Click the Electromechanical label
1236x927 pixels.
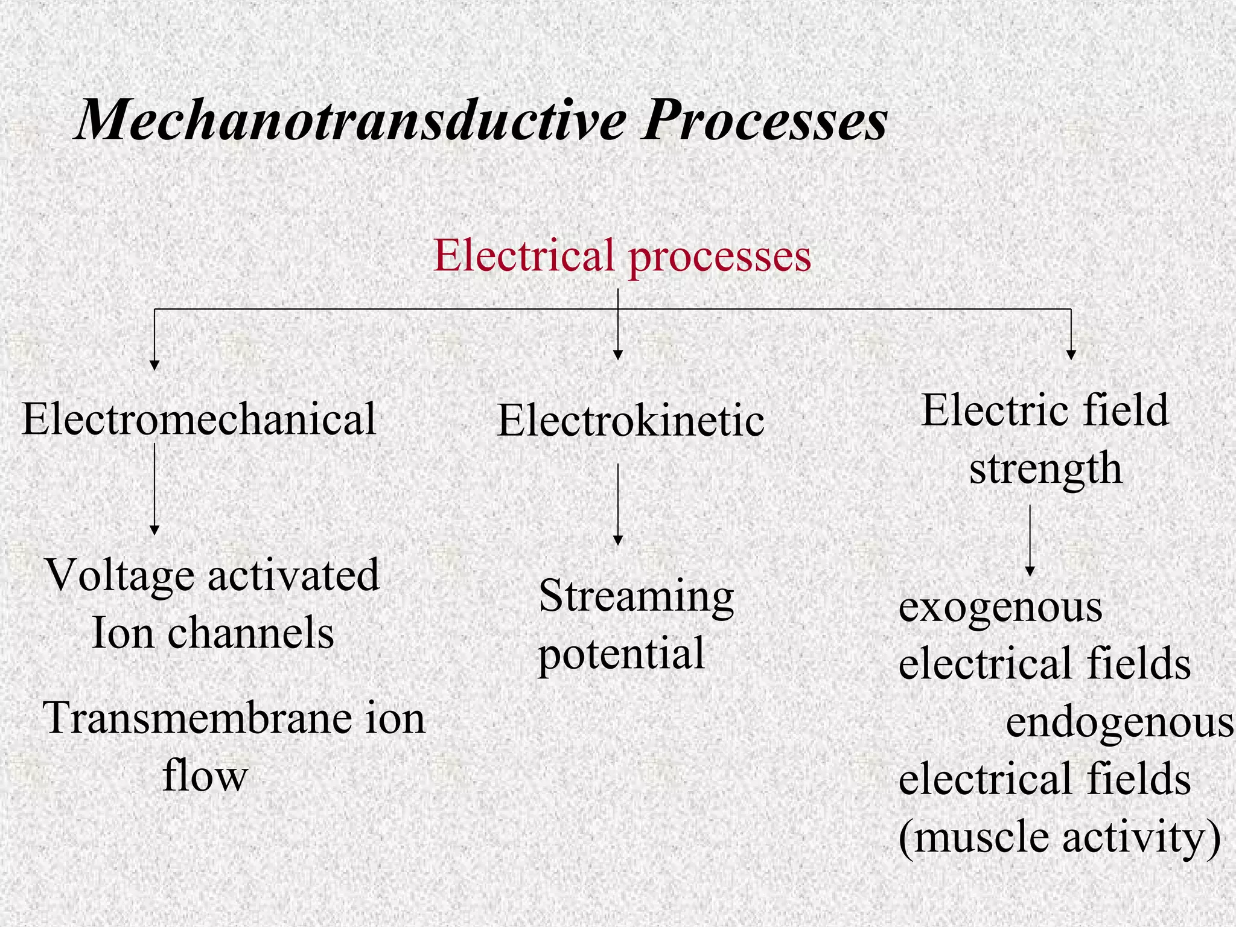tap(199, 419)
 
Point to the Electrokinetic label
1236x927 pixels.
tap(631, 421)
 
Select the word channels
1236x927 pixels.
tap(250, 633)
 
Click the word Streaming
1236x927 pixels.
tap(636, 597)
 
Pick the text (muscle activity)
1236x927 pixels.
tap(1059, 838)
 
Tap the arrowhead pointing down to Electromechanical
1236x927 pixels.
tap(154, 365)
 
